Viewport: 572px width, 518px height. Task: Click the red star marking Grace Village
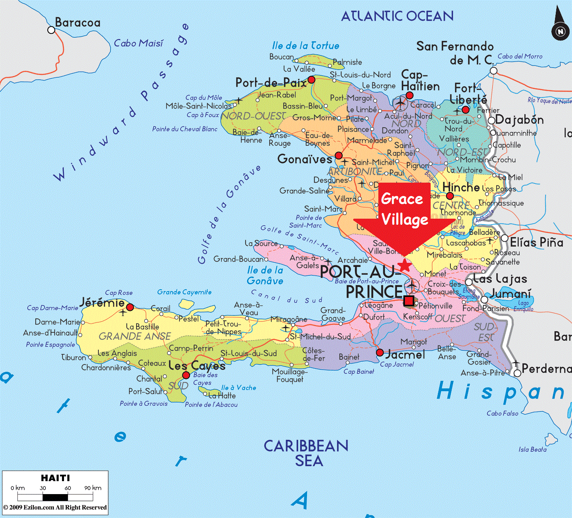coord(405,266)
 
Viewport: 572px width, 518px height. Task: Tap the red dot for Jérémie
coord(130,307)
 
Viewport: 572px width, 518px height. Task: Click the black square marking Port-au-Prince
coord(409,301)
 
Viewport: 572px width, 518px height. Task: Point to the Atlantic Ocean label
coord(397,16)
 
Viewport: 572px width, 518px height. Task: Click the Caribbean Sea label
coord(306,453)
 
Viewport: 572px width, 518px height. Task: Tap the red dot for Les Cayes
coord(186,375)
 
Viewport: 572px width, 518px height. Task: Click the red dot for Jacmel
coord(380,353)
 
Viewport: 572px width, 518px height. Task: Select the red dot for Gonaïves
coord(339,156)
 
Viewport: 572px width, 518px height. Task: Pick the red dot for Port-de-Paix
coord(311,80)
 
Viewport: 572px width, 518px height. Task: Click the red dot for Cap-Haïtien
coord(410,96)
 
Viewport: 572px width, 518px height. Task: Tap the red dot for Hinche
coord(450,196)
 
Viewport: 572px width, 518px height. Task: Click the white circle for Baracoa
coord(51,30)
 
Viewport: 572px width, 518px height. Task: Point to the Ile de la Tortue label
coord(305,46)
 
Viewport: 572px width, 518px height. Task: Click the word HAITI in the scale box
coord(55,478)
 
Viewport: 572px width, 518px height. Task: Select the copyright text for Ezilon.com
coord(55,507)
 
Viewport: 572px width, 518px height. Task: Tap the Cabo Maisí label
coord(139,43)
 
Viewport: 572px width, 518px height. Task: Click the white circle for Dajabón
coord(491,121)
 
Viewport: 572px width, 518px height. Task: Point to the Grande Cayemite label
coord(184,292)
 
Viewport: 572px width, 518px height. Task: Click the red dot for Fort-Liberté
coord(465,110)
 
